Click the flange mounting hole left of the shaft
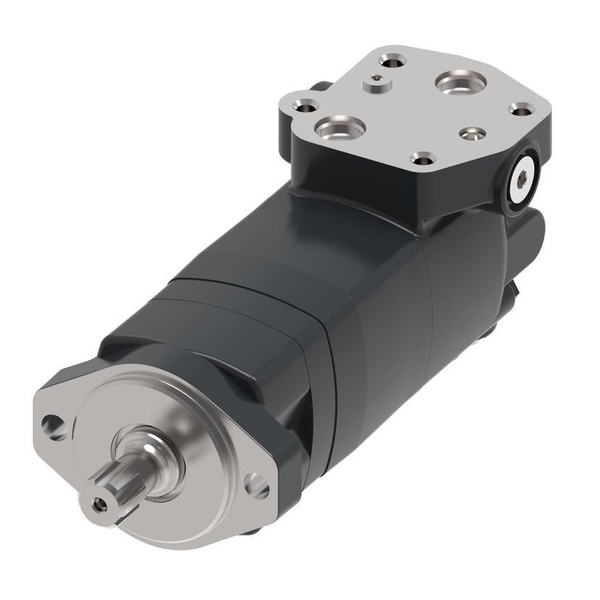coord(54,427)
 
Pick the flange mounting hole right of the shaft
coord(256,484)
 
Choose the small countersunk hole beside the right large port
coord(472,134)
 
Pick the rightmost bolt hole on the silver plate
coord(521,109)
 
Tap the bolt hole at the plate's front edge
coord(422,157)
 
